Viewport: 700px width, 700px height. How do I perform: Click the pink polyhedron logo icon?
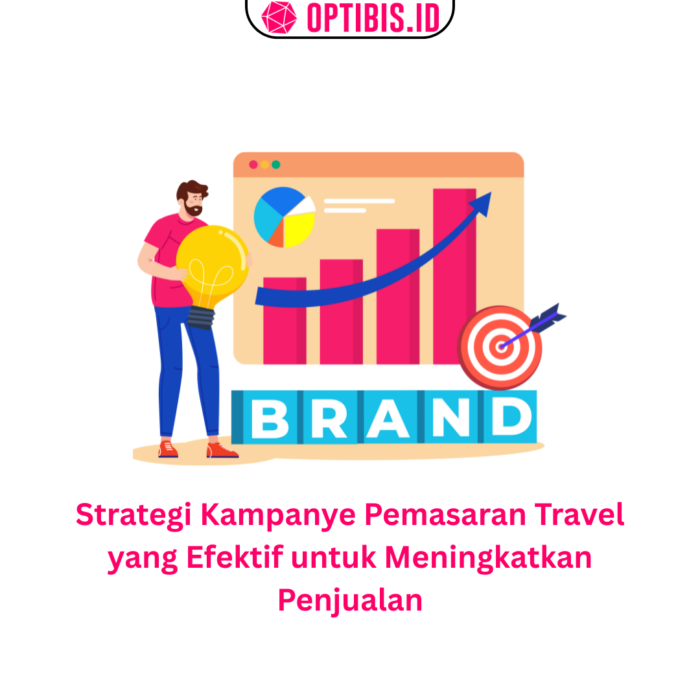(x=279, y=17)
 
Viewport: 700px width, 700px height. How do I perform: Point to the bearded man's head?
(x=192, y=198)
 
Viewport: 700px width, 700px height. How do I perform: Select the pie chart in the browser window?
(x=285, y=217)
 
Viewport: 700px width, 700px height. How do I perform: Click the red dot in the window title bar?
(x=253, y=165)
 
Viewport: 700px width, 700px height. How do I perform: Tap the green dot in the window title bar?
(x=276, y=165)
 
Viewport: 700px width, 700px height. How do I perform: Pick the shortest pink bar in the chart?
(x=285, y=321)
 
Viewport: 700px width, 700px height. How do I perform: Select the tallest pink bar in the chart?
(x=454, y=276)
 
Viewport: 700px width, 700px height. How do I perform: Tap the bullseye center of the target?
(x=501, y=347)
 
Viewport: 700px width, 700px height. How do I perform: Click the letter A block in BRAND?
(x=388, y=417)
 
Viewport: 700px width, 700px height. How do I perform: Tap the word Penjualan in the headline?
(x=350, y=601)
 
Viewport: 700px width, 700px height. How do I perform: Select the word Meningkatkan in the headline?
(x=489, y=558)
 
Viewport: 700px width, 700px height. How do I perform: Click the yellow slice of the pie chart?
(x=299, y=229)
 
